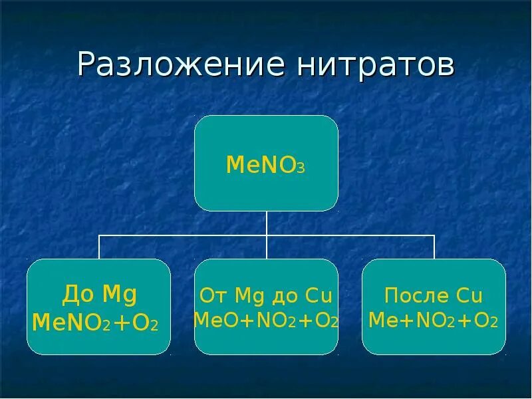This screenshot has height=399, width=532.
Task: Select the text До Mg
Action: [x=99, y=293]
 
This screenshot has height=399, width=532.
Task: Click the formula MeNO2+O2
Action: [x=95, y=324]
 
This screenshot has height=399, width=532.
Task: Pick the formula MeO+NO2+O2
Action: [x=266, y=320]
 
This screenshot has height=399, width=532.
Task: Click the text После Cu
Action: [x=434, y=295]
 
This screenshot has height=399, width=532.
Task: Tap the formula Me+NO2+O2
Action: [x=433, y=321]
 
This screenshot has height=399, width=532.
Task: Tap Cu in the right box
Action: [x=468, y=295]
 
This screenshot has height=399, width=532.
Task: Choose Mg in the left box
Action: [x=120, y=294]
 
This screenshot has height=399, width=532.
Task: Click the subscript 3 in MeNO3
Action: [x=301, y=169]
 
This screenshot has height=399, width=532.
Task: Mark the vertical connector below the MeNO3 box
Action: [x=267, y=223]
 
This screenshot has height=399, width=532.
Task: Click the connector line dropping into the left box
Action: [x=99, y=247]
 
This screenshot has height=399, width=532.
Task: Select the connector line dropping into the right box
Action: [x=434, y=247]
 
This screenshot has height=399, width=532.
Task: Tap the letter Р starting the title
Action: [x=86, y=65]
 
